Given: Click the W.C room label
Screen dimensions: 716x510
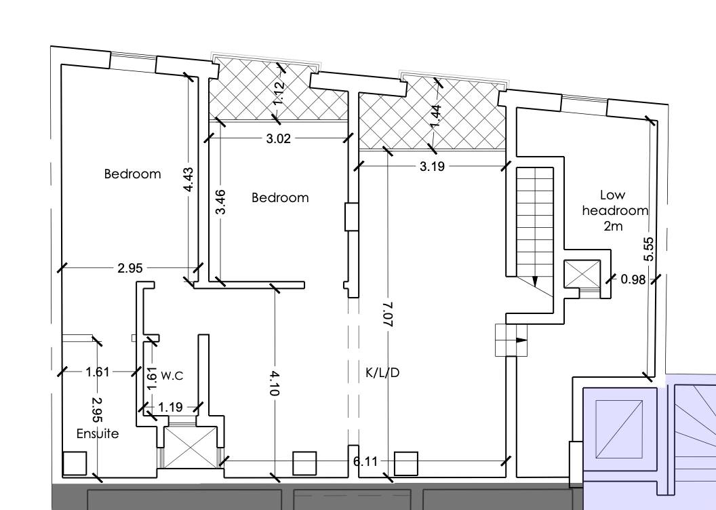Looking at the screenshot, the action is click(x=172, y=376).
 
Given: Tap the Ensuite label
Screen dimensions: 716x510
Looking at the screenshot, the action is click(x=98, y=433).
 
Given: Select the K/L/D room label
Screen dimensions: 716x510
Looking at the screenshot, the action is click(x=382, y=373).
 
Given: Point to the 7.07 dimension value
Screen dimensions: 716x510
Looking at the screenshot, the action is click(x=388, y=314).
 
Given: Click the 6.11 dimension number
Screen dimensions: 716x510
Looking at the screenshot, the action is click(x=365, y=462).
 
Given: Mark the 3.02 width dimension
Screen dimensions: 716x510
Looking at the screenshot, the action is click(x=279, y=138).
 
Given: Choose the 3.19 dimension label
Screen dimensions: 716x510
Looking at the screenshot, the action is click(x=432, y=166).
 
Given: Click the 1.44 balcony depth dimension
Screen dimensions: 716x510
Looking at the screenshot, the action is click(x=435, y=117).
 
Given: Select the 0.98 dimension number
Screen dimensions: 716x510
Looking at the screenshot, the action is click(x=633, y=279).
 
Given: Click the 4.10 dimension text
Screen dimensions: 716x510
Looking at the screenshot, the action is click(x=275, y=383).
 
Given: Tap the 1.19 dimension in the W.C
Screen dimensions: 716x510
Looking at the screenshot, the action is click(x=170, y=407).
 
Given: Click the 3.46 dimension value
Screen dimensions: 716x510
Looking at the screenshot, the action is click(x=220, y=202).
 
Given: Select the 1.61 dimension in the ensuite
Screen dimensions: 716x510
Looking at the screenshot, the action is click(x=98, y=372).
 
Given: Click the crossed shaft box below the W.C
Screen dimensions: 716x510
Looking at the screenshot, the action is click(x=191, y=448).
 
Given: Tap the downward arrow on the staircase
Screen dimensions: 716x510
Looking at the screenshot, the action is click(x=535, y=281).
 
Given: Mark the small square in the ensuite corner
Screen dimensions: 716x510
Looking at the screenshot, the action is click(x=75, y=463).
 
